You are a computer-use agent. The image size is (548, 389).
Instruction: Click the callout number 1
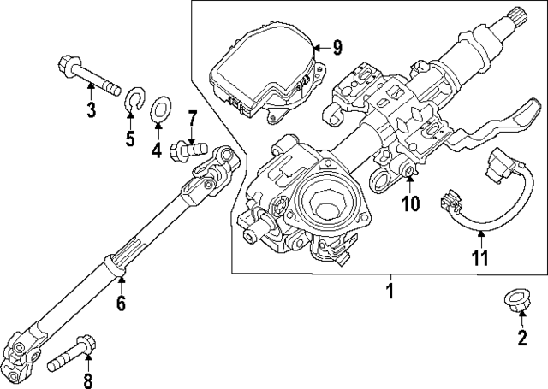pos(389,291)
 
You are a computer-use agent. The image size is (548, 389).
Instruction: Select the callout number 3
pos(91,109)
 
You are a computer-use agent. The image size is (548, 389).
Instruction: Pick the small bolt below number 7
pos(189,149)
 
